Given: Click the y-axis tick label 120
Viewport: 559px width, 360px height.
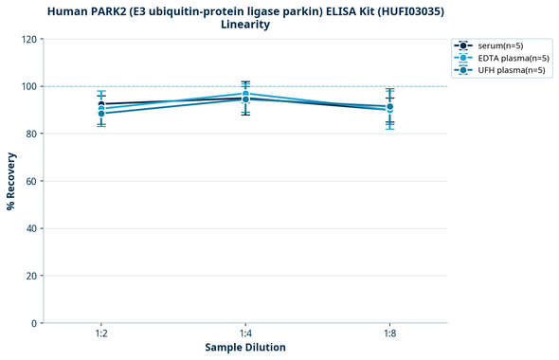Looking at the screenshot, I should (x=27, y=39).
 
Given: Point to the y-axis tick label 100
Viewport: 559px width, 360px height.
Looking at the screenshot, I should (x=27, y=86).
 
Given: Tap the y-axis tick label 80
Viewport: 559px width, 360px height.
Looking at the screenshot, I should (x=30, y=134).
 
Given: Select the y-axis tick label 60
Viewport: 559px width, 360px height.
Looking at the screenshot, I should (x=30, y=181).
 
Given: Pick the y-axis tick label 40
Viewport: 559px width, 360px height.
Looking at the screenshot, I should (x=30, y=228).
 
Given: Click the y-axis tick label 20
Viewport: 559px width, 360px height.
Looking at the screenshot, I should (x=30, y=276).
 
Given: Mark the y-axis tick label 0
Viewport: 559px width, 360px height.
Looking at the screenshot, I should (x=33, y=323).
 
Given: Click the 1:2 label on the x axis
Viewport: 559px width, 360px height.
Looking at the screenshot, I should (x=101, y=334).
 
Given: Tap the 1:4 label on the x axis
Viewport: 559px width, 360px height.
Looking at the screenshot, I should (x=245, y=334).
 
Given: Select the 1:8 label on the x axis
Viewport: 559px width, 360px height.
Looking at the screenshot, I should (x=389, y=334).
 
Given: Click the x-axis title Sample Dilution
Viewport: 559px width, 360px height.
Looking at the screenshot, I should (x=245, y=348).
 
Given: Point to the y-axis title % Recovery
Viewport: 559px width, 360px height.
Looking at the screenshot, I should (x=11, y=181).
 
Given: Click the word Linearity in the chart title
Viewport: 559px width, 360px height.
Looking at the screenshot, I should (x=245, y=25).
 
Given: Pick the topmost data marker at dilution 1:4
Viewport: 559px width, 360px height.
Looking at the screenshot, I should (x=245, y=94).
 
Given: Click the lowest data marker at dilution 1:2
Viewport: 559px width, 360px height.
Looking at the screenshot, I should (x=101, y=114).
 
